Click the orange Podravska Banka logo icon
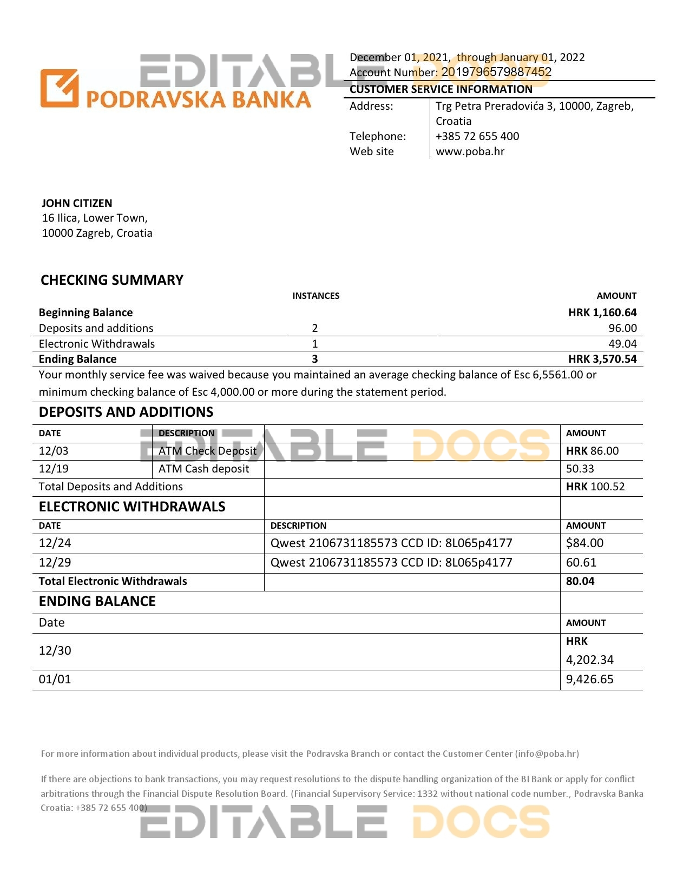(59, 88)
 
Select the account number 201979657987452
(496, 72)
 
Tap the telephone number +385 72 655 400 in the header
(477, 136)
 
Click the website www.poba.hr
(470, 151)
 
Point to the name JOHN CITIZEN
(77, 203)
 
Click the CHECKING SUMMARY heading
(112, 280)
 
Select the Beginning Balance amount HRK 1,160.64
(602, 312)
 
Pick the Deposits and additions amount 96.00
(622, 328)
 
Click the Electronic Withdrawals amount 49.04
(622, 344)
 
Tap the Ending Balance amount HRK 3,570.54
(602, 359)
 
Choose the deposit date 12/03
(54, 451)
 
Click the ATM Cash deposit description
(203, 469)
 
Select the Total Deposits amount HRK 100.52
(595, 487)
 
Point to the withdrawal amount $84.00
(584, 543)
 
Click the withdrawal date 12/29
(55, 563)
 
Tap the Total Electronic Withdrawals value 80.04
(580, 581)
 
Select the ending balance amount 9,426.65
(589, 680)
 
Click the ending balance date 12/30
(55, 651)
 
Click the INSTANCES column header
(316, 296)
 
